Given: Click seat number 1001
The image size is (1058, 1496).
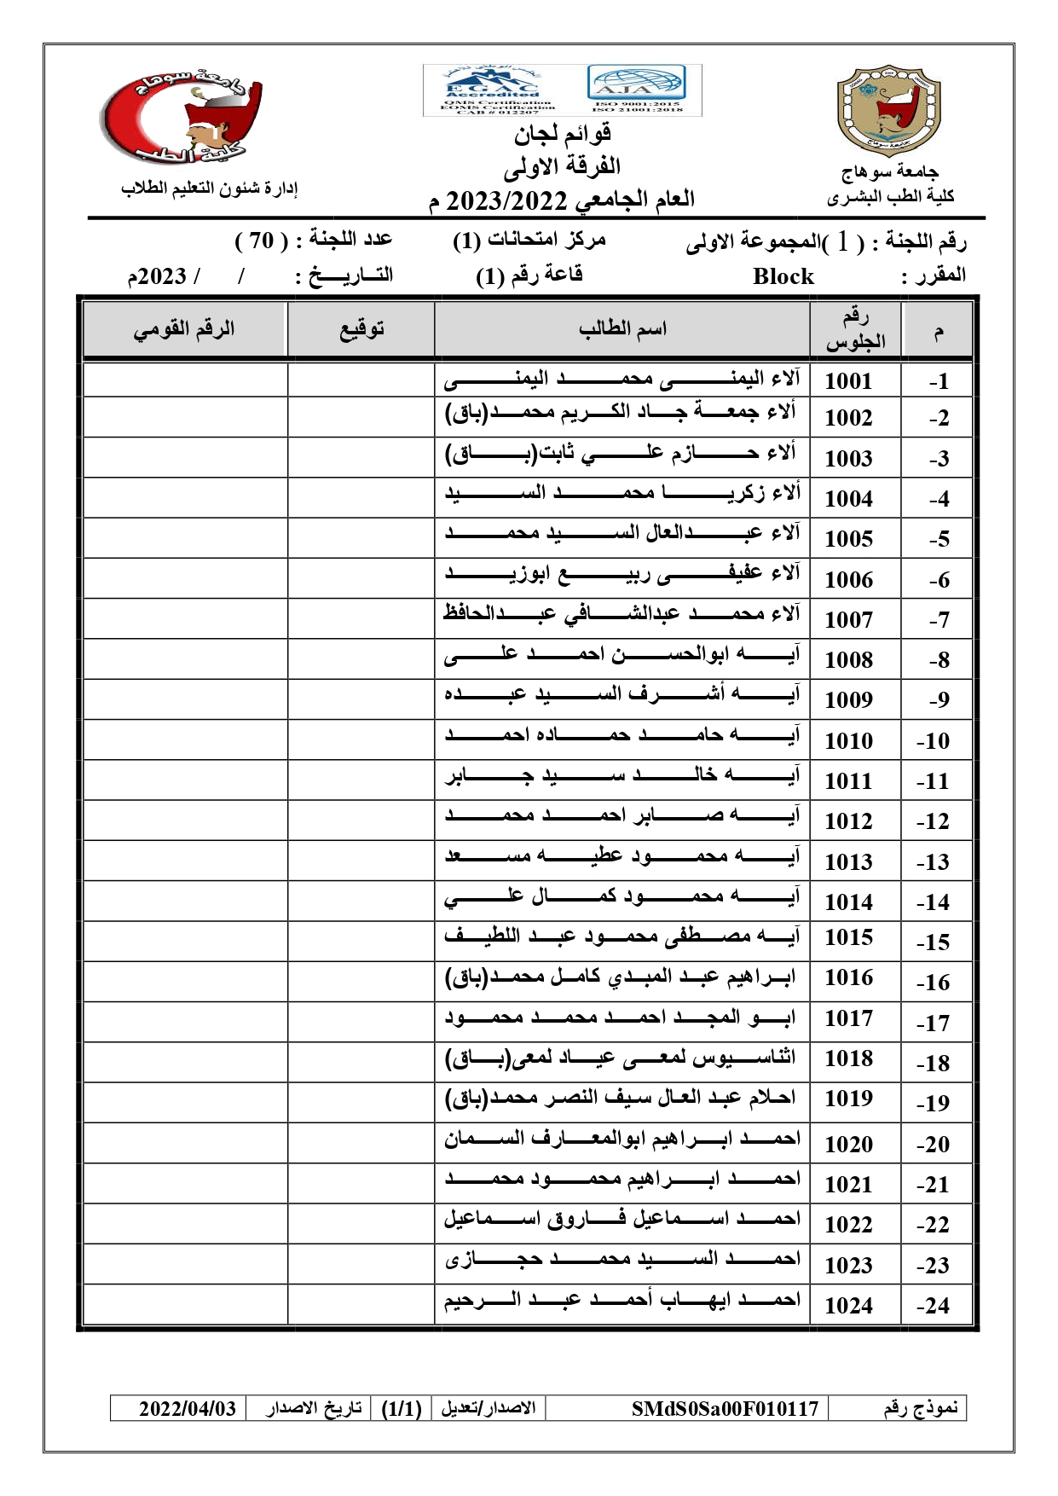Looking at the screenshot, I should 848,381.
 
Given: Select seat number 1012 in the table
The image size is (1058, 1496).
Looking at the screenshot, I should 848,821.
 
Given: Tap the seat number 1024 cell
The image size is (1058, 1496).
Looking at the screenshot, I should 848,1306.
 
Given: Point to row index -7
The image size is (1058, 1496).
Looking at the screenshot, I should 939,620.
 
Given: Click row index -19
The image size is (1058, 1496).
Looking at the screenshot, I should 934,1103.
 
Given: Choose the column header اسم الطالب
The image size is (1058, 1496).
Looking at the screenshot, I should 622,329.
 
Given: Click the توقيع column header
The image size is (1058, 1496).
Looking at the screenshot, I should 361,329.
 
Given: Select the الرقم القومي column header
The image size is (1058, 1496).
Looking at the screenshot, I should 184,329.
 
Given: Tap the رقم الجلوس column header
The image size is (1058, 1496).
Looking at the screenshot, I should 855,329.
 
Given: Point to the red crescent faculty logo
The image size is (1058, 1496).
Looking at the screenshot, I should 182,118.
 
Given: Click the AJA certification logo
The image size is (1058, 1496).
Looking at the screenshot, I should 635,87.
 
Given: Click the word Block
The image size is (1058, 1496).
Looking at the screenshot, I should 783,276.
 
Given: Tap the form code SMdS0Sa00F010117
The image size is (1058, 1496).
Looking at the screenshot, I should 725,1408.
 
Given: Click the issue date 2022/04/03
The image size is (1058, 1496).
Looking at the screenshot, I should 188,1408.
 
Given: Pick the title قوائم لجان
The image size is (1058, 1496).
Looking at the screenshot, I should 562,133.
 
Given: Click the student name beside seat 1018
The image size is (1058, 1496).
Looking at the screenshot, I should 621,1059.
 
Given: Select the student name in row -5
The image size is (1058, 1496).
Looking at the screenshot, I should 621,535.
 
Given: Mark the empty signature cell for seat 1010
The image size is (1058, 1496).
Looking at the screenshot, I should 361,739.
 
